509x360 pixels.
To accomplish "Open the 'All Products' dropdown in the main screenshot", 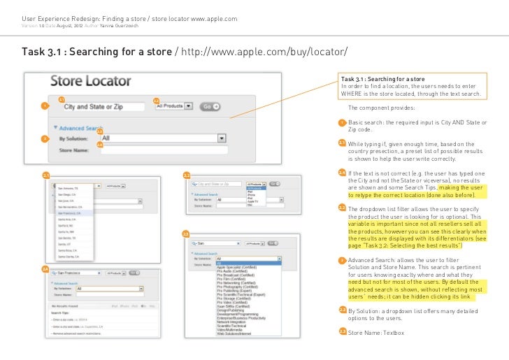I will (173, 106).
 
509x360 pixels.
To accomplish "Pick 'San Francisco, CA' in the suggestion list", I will (69, 213).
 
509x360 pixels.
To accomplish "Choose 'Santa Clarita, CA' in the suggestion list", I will (69, 256).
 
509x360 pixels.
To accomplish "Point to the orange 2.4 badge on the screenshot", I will (45, 270).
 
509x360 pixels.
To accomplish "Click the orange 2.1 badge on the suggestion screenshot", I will (45, 174).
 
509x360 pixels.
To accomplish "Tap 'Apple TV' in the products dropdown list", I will (254, 201).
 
